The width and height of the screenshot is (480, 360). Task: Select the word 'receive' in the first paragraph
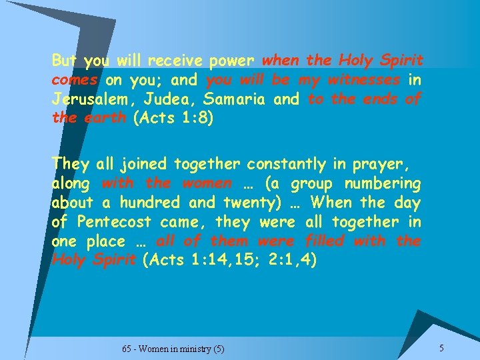pos(174,61)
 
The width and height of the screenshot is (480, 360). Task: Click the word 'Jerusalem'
pos(91,100)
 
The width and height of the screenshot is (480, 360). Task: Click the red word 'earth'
pos(107,119)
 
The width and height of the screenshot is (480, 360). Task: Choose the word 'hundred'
pos(159,202)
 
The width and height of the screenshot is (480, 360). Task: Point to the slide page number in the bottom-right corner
pos(441,347)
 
